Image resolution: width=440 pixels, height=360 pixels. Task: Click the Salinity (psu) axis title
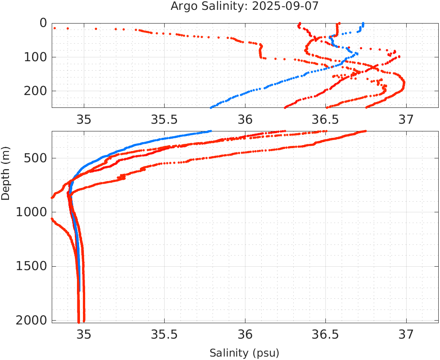click(x=244, y=353)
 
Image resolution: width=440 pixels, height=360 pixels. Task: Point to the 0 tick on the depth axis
click(x=43, y=23)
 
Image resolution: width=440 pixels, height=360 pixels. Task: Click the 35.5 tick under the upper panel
click(x=165, y=119)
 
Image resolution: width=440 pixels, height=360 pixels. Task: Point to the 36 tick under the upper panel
click(x=245, y=119)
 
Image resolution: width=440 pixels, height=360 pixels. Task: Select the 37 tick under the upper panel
click(x=406, y=119)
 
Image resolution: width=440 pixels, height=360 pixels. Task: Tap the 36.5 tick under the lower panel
click(x=325, y=334)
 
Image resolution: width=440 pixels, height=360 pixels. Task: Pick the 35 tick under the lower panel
click(x=84, y=334)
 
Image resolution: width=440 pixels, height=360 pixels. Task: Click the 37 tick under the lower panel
click(x=406, y=334)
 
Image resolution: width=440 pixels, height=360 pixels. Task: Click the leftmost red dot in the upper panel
click(x=55, y=28)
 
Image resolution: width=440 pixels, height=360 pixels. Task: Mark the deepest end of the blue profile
click(x=80, y=290)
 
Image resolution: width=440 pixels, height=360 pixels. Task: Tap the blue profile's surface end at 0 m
click(x=363, y=24)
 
